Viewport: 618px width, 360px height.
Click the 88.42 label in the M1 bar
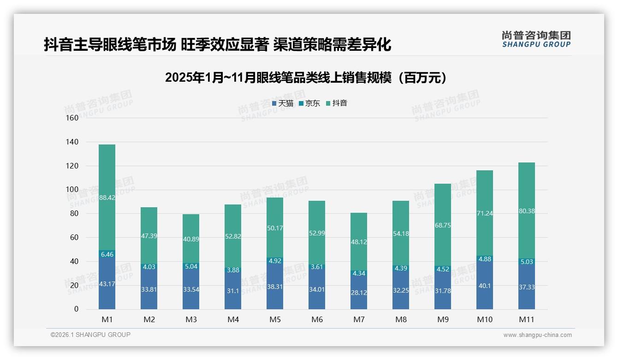click(x=107, y=198)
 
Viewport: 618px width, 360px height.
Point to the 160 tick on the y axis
click(x=72, y=118)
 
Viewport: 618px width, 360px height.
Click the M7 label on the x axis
click(x=359, y=319)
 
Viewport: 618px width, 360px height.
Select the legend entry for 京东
click(x=309, y=103)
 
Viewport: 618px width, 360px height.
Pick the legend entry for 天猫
click(x=282, y=103)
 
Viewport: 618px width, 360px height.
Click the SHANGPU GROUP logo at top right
click(x=536, y=39)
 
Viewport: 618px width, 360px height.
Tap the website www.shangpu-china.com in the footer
click(x=537, y=335)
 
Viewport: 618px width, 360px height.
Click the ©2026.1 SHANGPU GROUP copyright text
click(x=90, y=335)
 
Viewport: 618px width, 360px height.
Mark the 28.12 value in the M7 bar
click(x=359, y=293)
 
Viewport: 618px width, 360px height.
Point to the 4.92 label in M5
click(x=275, y=261)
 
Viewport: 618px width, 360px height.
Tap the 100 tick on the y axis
click(x=72, y=189)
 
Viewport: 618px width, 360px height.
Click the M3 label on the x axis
click(x=191, y=319)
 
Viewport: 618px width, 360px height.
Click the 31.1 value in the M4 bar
click(x=233, y=291)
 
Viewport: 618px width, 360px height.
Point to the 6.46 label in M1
click(x=107, y=254)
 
